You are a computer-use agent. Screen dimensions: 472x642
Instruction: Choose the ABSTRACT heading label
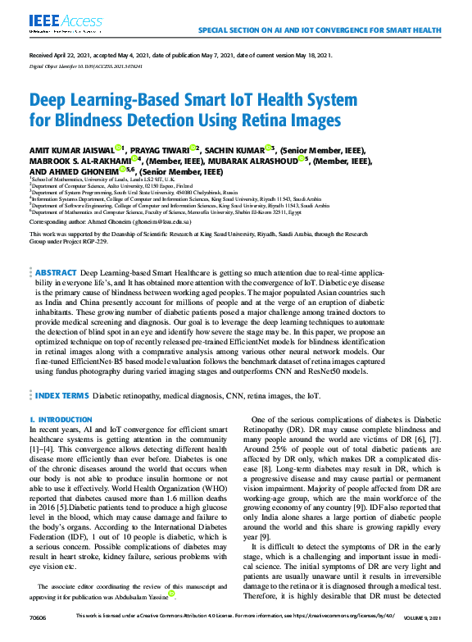(57, 271)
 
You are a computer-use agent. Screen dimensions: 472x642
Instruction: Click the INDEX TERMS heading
(61, 395)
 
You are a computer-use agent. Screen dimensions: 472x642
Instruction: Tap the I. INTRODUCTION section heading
(61, 420)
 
